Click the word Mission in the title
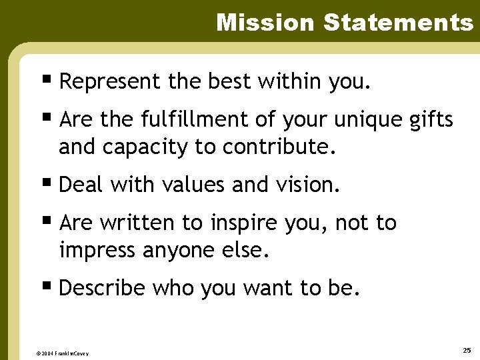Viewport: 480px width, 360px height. [265, 23]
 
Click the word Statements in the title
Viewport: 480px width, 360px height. [398, 23]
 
